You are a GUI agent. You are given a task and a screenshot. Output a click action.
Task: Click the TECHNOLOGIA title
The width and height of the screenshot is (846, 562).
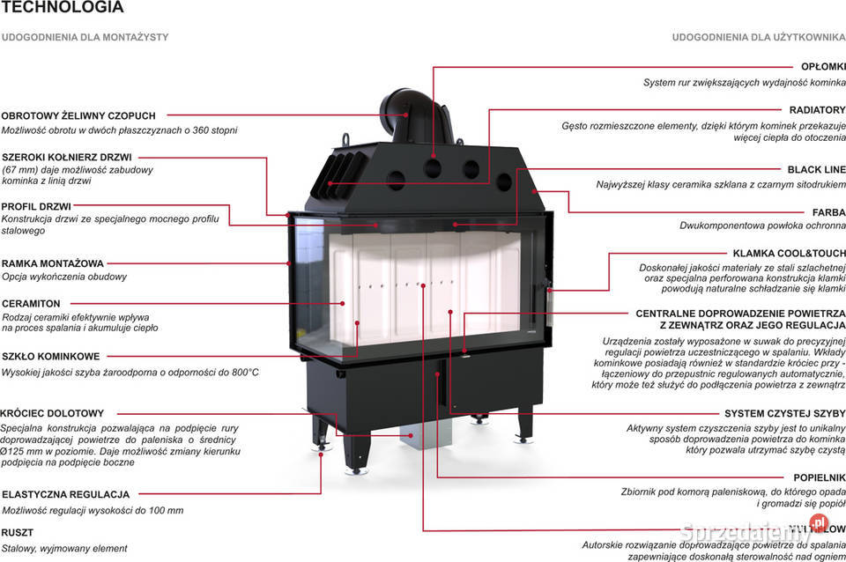tap(63, 8)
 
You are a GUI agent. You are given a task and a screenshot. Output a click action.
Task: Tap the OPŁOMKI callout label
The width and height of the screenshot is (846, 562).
tap(823, 67)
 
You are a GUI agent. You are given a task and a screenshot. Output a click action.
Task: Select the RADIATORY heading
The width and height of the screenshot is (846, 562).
tap(817, 110)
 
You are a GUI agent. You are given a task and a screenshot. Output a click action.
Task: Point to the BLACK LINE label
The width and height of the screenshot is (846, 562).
tap(816, 169)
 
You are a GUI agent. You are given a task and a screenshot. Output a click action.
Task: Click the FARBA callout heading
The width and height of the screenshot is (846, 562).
tap(828, 212)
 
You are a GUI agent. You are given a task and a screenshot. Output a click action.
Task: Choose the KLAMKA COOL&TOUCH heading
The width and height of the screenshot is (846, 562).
tap(789, 253)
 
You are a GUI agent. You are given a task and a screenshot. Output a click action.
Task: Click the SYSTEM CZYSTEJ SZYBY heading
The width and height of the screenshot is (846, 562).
tap(784, 413)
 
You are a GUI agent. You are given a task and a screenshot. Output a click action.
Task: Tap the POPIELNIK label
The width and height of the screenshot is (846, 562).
tap(819, 477)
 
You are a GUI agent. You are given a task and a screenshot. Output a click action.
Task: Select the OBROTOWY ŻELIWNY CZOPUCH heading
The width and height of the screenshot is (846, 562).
tap(78, 115)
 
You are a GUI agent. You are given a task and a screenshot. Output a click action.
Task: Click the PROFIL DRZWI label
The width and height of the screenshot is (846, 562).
tap(36, 206)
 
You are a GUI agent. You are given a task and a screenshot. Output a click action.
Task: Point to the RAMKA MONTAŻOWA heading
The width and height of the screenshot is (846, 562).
tap(53, 263)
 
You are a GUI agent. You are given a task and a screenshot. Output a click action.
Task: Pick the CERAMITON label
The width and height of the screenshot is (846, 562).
tap(31, 303)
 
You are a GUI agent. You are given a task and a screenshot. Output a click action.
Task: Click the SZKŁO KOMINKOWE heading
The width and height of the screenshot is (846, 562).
tap(50, 357)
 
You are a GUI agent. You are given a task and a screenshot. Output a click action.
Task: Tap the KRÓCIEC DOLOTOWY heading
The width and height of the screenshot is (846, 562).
tap(53, 413)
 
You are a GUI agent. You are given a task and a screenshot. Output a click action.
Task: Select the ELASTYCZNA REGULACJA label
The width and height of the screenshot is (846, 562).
tap(65, 495)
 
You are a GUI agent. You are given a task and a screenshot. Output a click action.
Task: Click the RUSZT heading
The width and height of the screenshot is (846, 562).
tap(18, 533)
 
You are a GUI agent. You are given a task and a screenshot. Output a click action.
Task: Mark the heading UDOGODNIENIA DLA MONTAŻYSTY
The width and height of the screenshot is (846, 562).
tap(85, 38)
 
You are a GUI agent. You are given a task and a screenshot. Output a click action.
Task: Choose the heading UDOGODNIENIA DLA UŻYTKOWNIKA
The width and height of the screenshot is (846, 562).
tap(759, 38)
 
